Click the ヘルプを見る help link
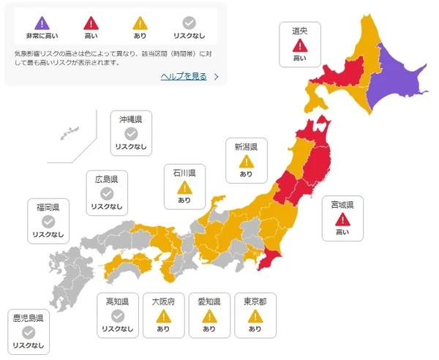tap(184, 76)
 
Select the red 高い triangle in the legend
tap(91, 23)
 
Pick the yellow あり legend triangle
tap(139, 23)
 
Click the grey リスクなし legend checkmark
tap(188, 23)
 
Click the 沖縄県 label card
tap(131, 132)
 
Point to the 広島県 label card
tap(107, 192)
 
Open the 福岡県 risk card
tap(48, 221)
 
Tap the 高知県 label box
tap(118, 315)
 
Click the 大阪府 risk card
tap(163, 315)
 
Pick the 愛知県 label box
tap(209, 315)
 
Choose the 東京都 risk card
tap(255, 315)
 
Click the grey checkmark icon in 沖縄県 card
tap(131, 133)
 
